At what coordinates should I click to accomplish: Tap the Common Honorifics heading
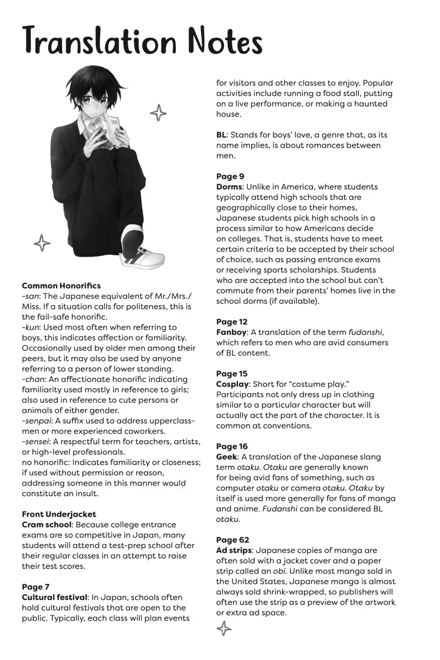[61, 286]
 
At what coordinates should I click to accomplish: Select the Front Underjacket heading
[59, 514]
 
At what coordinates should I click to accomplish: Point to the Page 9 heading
[230, 176]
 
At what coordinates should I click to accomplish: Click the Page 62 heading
[232, 540]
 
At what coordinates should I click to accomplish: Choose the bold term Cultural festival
[54, 597]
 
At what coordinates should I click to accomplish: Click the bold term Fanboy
[231, 332]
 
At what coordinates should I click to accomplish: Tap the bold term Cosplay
[232, 384]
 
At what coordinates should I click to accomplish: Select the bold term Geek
[226, 457]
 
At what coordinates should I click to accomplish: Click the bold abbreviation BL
[221, 135]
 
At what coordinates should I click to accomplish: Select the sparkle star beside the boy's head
[158, 113]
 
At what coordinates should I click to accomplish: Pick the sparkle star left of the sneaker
[42, 242]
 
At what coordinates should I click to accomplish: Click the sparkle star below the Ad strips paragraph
[223, 629]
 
